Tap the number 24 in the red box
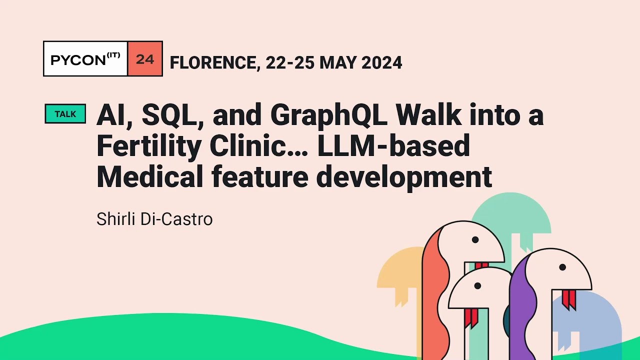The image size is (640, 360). click(145, 59)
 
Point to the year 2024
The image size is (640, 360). click(381, 62)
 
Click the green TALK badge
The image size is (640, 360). click(65, 113)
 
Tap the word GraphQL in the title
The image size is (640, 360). click(328, 115)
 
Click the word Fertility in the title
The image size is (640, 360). click(149, 146)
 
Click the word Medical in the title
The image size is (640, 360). click(150, 176)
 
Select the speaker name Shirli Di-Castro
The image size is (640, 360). click(154, 219)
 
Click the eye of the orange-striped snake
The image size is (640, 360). click(475, 239)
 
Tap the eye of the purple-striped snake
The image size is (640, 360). click(562, 267)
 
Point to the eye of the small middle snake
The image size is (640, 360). click(477, 285)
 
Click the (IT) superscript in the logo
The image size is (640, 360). click(113, 55)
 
